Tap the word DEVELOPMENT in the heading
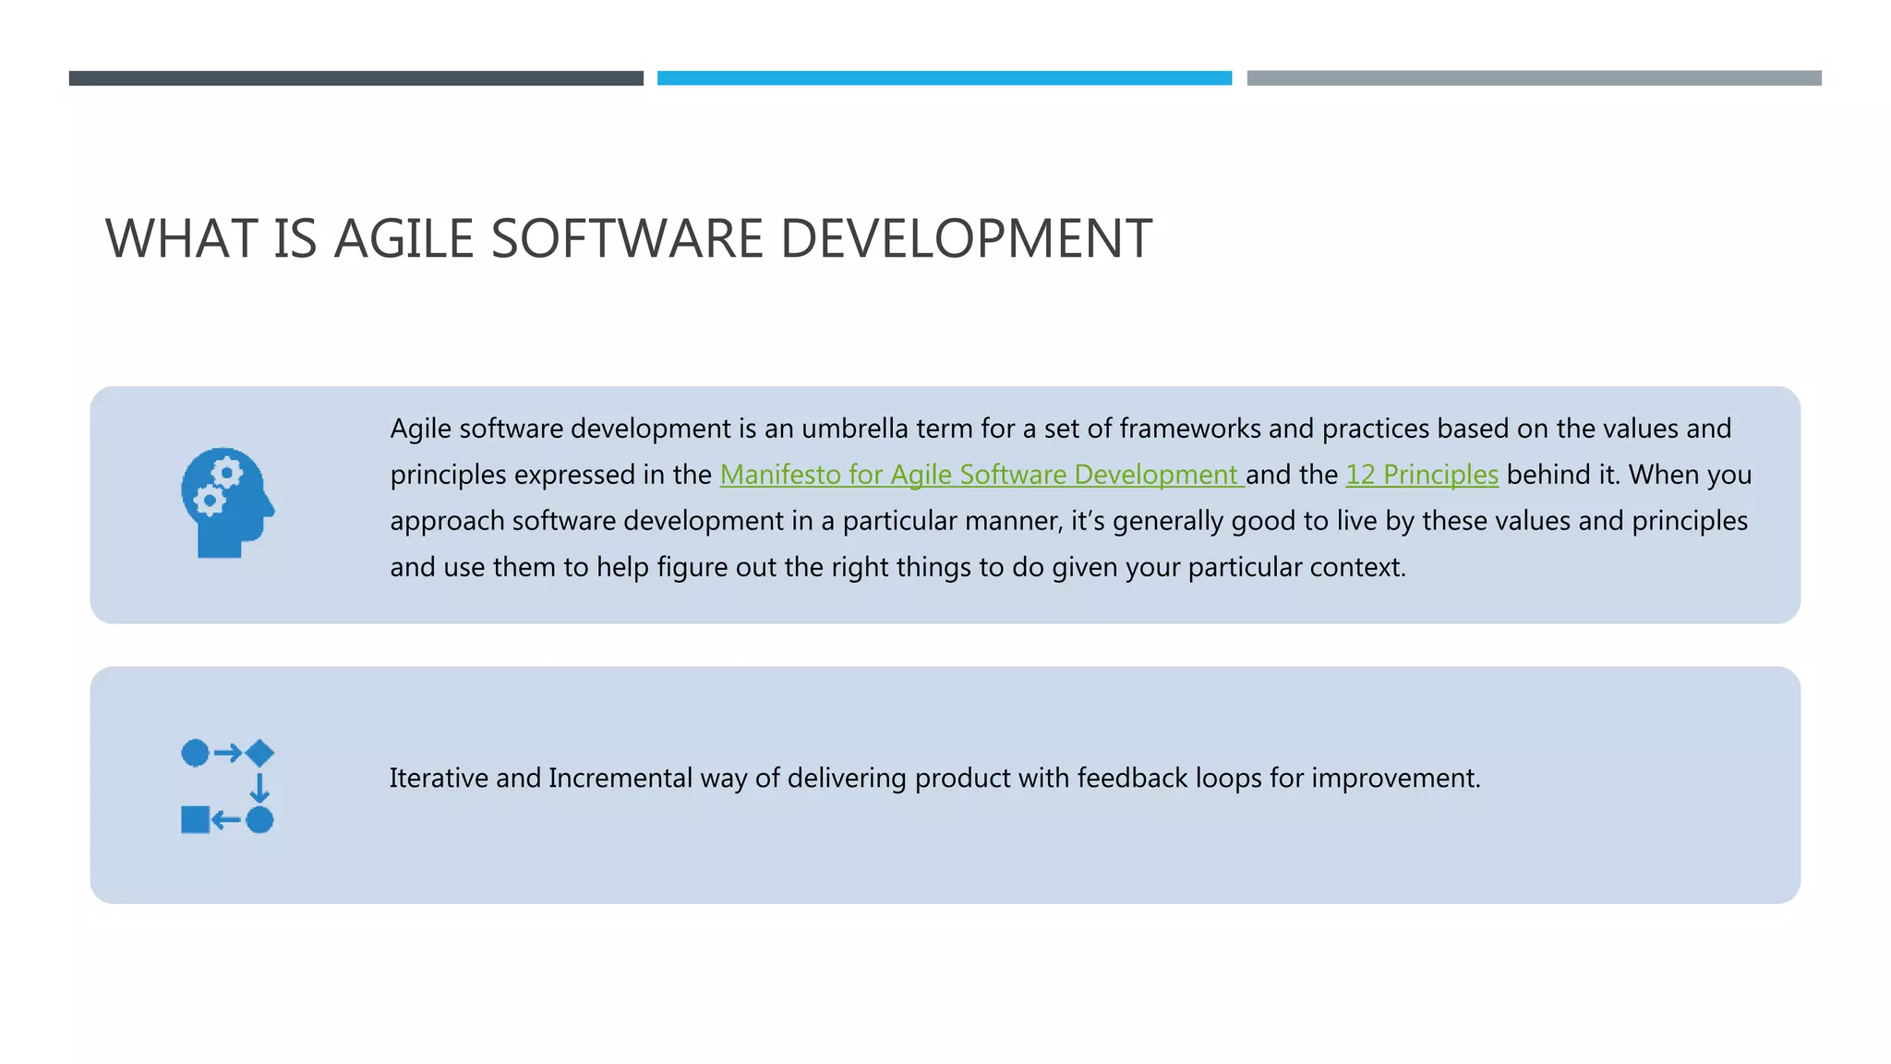coord(966,238)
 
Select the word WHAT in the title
coord(181,238)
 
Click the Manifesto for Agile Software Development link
coord(982,475)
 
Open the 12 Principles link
coord(1422,475)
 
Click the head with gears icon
coord(227,502)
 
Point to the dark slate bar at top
coord(355,79)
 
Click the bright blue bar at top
coord(944,79)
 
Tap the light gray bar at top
coord(1534,79)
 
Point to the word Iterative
coord(439,779)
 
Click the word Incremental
coord(620,779)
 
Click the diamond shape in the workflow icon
coord(259,753)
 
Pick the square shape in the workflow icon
coord(195,819)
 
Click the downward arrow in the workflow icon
coord(259,787)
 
